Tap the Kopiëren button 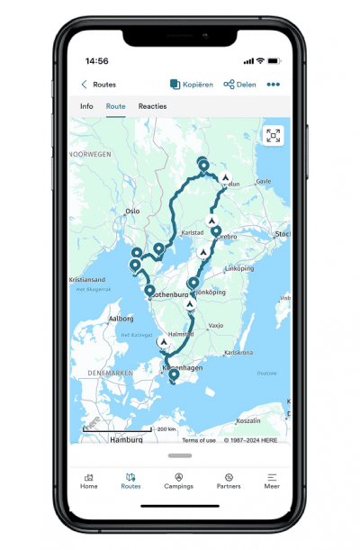[x=192, y=85]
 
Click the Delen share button [x=239, y=85]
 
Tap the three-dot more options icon [x=273, y=85]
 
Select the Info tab [x=86, y=106]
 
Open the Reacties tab [x=152, y=106]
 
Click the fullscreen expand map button [x=273, y=136]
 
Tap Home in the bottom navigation [x=88, y=481]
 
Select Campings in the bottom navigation [x=178, y=481]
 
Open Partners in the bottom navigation [x=229, y=481]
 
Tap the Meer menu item [x=272, y=481]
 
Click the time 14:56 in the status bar [x=96, y=61]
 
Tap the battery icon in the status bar [x=273, y=61]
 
